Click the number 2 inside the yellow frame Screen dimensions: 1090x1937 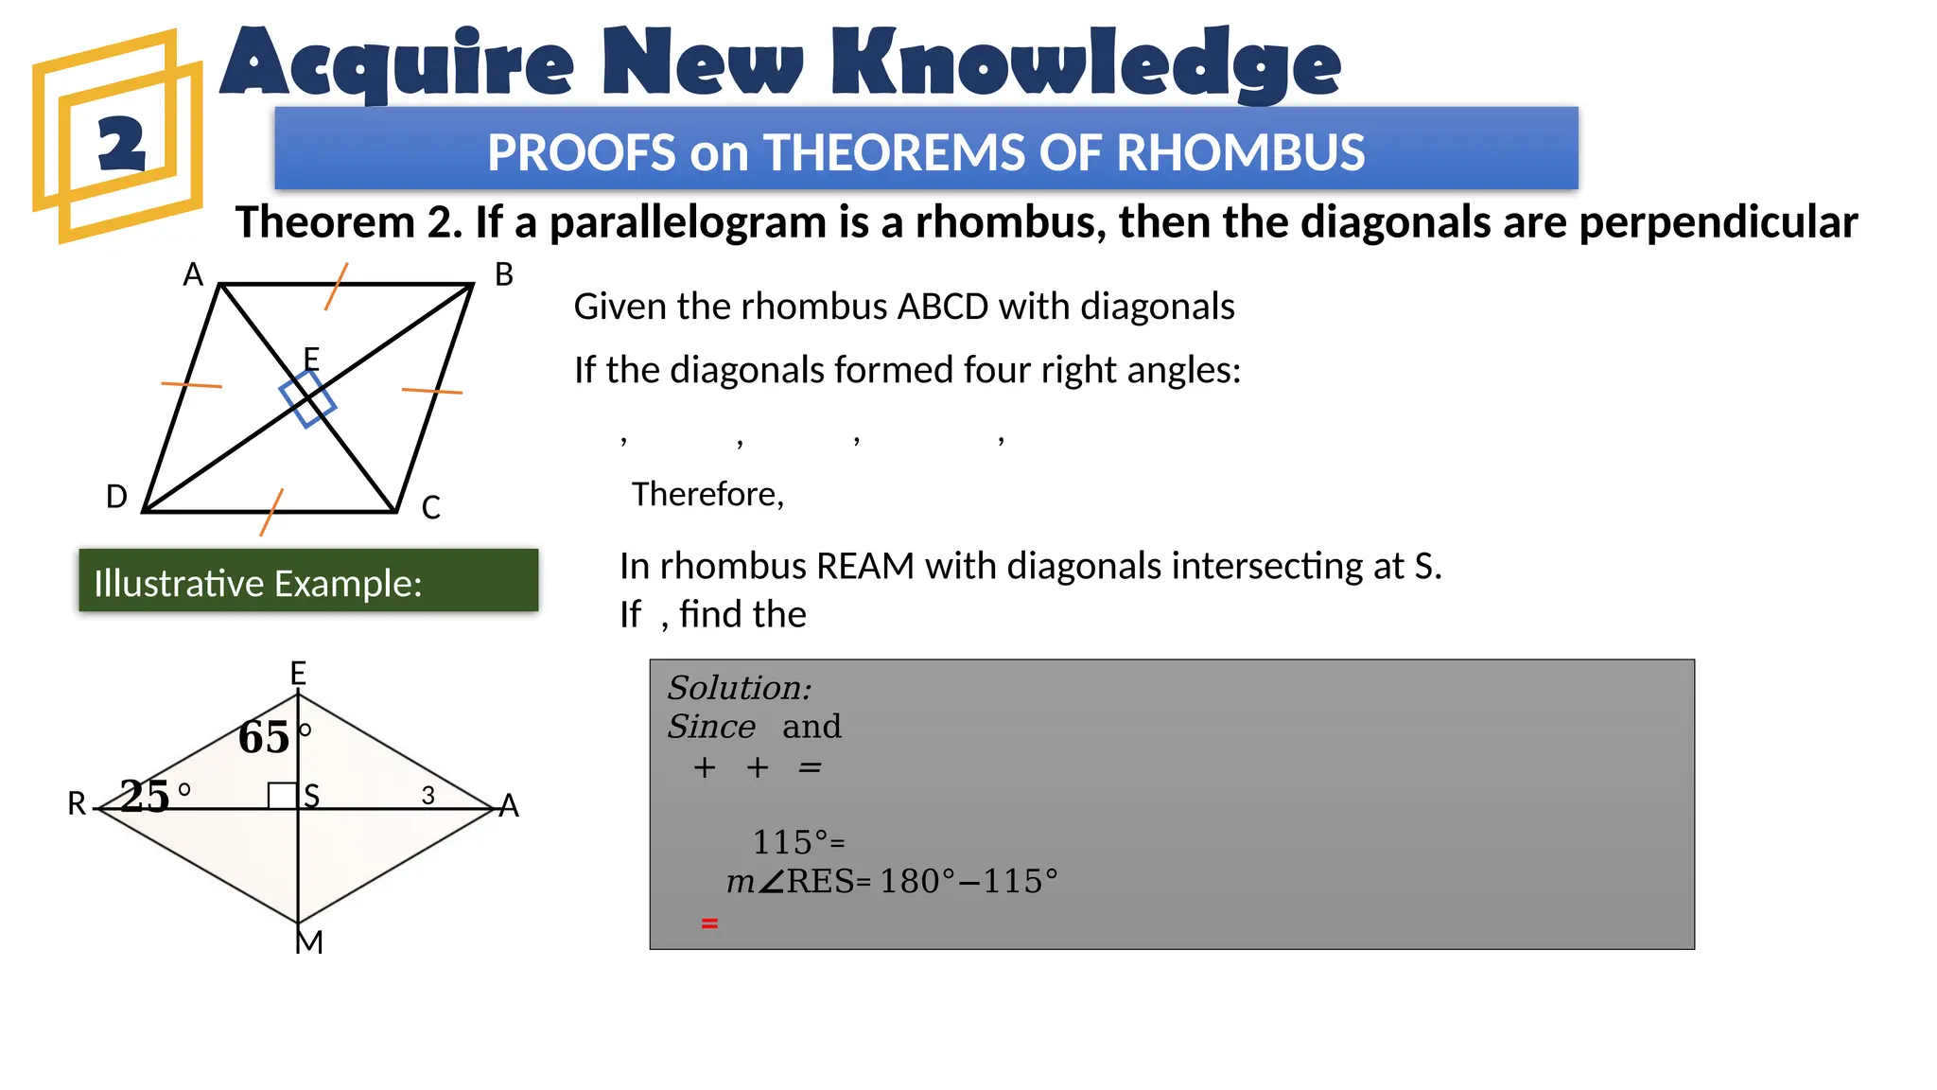[122, 145]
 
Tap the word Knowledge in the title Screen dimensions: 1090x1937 [1086, 63]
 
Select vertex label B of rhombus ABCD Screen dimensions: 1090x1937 [504, 275]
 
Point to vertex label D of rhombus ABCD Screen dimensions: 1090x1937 [116, 497]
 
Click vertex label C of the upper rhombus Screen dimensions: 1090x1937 [431, 508]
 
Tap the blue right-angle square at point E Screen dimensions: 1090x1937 [307, 399]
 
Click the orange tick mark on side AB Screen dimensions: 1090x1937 [337, 287]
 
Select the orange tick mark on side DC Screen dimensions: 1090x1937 [271, 512]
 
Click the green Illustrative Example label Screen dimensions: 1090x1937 [308, 580]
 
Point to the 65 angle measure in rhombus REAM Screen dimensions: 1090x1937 [264, 737]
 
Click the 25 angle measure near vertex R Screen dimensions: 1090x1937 [145, 796]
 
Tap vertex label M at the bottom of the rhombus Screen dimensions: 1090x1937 [309, 942]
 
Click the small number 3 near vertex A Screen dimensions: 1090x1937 [428, 796]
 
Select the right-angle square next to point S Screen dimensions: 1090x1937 [282, 796]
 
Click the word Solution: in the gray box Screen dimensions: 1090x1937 [739, 688]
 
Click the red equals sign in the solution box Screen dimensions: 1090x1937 [709, 923]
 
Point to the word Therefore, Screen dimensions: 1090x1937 [707, 494]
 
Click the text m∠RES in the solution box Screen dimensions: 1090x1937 [789, 882]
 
